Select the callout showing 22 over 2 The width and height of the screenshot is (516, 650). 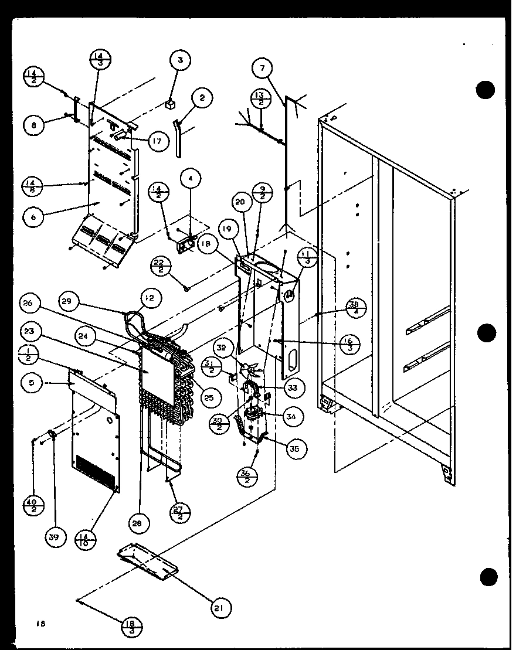point(159,267)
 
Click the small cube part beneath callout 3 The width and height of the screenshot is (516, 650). point(169,105)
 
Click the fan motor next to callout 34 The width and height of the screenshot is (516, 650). point(254,416)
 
